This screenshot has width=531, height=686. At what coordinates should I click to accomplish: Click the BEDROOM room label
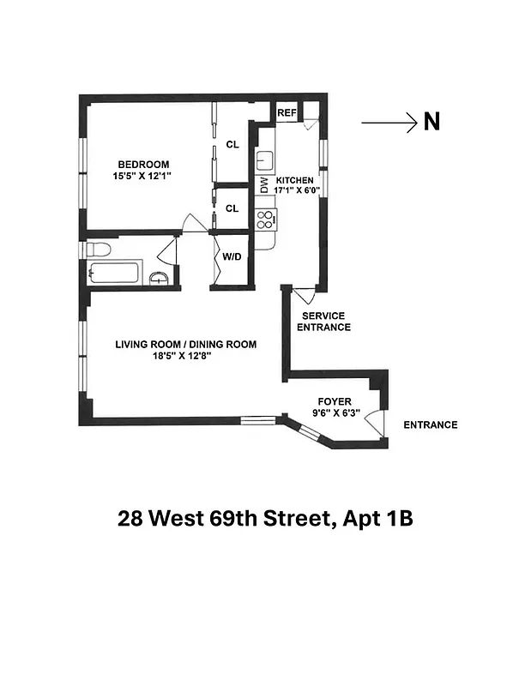(x=143, y=165)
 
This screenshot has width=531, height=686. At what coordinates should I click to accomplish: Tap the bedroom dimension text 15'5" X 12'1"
(x=143, y=177)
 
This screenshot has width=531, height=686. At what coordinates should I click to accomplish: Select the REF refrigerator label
(x=286, y=112)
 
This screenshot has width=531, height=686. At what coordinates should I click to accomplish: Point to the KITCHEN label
(x=295, y=180)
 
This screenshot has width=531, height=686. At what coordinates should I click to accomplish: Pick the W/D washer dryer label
(x=232, y=256)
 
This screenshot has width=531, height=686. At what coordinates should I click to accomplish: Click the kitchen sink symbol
(x=264, y=159)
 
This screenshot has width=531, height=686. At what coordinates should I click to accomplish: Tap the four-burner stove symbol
(x=265, y=219)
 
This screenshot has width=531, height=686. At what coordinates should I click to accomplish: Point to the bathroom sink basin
(x=159, y=277)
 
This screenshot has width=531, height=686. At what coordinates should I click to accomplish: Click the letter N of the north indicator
(x=431, y=123)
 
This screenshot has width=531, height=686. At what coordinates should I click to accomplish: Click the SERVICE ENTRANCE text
(x=323, y=322)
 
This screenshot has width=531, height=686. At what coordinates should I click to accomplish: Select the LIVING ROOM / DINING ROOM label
(x=186, y=345)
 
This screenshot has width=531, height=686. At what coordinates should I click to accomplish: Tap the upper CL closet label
(x=232, y=145)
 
